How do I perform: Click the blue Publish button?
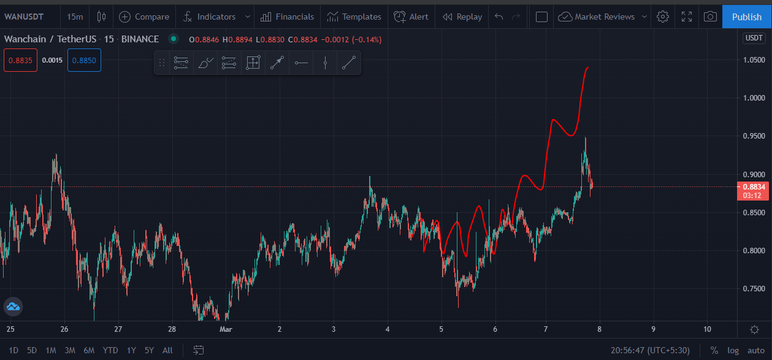click(x=746, y=17)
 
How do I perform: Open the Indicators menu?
click(x=210, y=17)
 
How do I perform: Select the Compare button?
click(x=144, y=17)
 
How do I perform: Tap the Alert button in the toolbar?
click(x=411, y=17)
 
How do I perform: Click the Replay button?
click(x=462, y=17)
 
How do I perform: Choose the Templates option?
click(x=354, y=17)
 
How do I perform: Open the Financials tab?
click(x=287, y=17)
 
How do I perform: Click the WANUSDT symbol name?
click(x=24, y=17)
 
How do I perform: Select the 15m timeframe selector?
click(x=75, y=17)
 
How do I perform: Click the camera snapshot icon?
click(x=710, y=17)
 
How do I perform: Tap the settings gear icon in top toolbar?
click(x=662, y=17)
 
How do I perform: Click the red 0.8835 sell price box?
click(x=20, y=60)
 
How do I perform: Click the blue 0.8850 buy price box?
click(x=84, y=60)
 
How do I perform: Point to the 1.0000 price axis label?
click(x=754, y=98)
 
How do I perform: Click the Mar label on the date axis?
click(x=226, y=329)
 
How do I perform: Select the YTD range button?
click(x=110, y=350)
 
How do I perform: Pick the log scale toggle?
click(x=733, y=350)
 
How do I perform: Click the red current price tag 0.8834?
click(x=753, y=191)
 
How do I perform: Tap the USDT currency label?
click(x=754, y=38)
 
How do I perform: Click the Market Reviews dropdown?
click(x=602, y=17)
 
